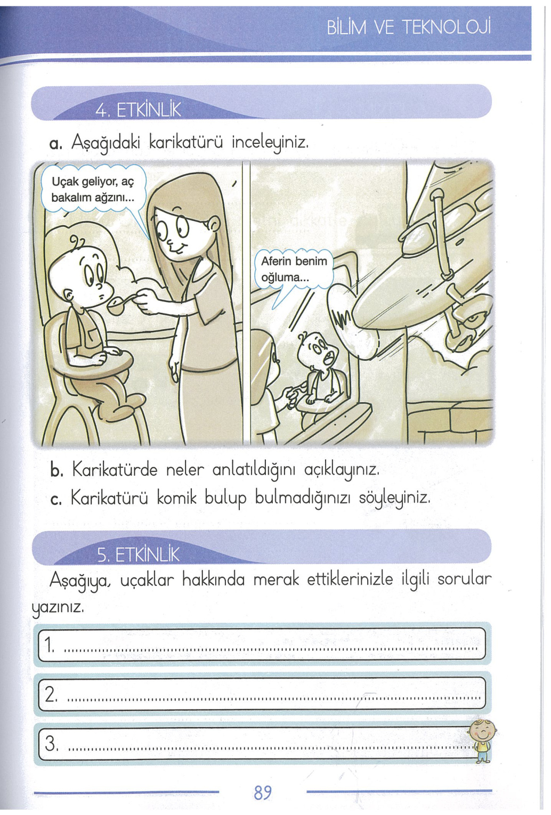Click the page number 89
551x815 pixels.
(263, 793)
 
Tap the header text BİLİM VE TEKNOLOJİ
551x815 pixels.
(408, 27)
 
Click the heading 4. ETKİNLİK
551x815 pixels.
(138, 110)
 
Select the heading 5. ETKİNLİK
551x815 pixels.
(138, 555)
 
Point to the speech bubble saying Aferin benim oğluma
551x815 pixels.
(294, 269)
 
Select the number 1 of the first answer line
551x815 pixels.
(49, 645)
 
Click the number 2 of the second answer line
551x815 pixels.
(51, 694)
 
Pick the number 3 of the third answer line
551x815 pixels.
(51, 743)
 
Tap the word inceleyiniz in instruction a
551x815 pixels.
(270, 143)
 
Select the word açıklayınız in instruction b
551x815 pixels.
(342, 470)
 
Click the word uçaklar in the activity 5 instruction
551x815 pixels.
(147, 580)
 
